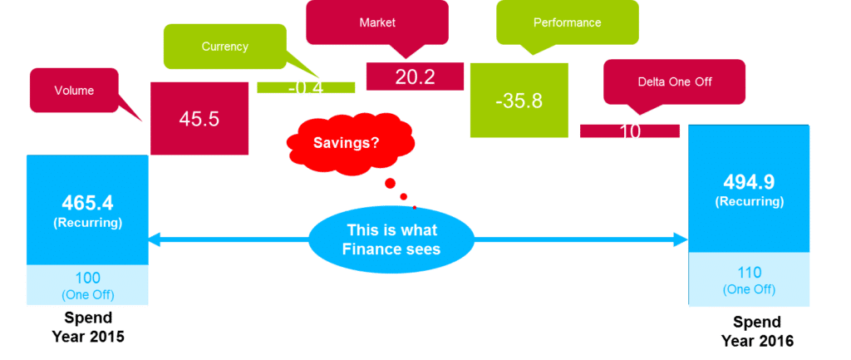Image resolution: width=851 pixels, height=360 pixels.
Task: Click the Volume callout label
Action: [x=74, y=90]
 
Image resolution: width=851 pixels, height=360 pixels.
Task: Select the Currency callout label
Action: [x=225, y=47]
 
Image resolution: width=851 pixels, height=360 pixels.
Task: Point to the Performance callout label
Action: [x=567, y=22]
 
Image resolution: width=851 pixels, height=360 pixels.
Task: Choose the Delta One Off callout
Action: [x=674, y=81]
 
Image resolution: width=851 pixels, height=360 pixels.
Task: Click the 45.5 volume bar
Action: [x=199, y=118]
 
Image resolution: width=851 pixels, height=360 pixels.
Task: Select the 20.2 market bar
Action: [x=415, y=77]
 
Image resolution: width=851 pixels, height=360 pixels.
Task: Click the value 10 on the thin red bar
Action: [x=630, y=131]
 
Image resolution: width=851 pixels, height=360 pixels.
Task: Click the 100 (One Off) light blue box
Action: [x=87, y=284]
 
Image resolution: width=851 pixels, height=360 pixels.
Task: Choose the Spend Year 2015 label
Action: [x=87, y=326]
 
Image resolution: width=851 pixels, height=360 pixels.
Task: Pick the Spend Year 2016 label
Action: [x=757, y=332]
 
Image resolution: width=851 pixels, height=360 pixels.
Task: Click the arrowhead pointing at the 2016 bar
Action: [x=683, y=239]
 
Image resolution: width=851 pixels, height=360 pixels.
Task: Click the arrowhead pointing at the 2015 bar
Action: [x=155, y=239]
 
